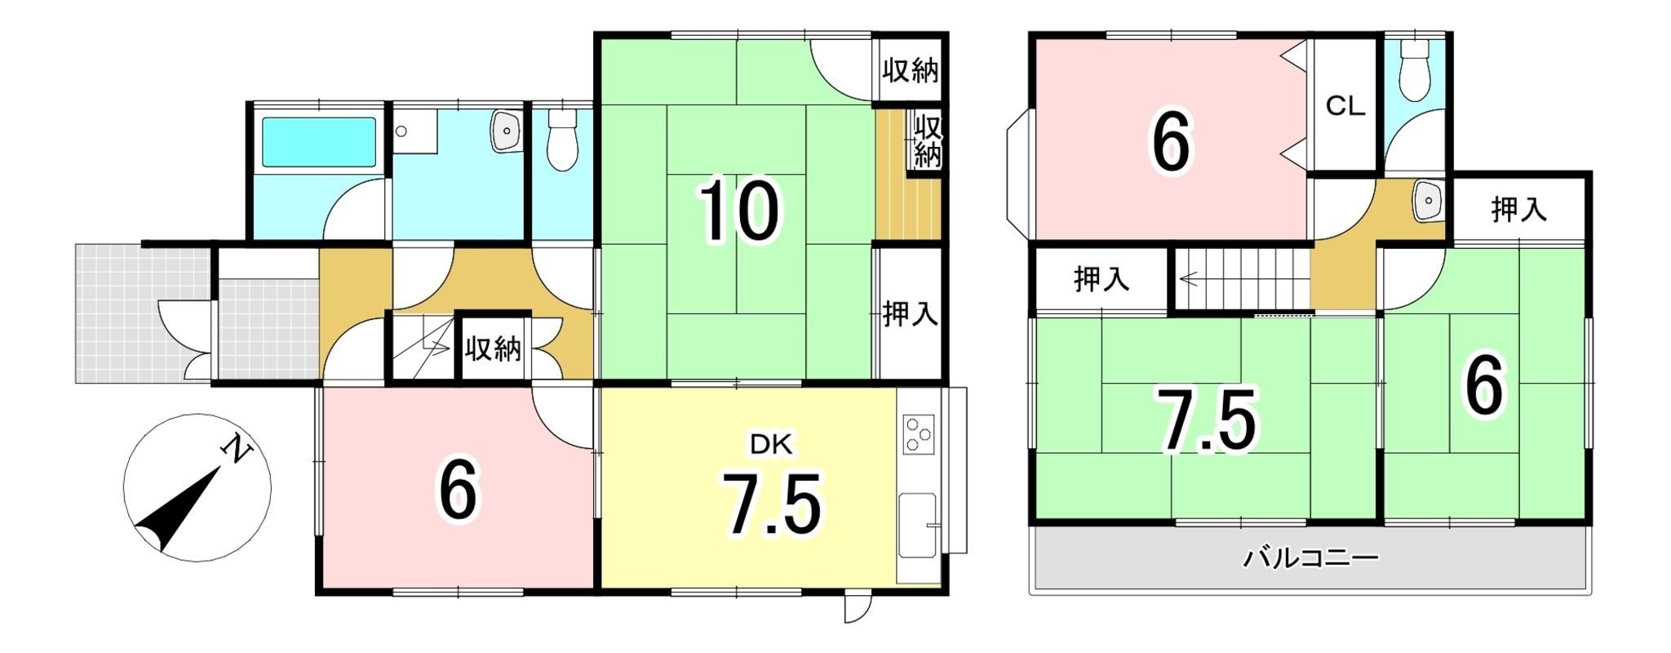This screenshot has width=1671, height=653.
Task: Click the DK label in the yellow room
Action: pyautogui.click(x=771, y=444)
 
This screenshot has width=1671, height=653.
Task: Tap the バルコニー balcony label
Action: pyautogui.click(x=1310, y=559)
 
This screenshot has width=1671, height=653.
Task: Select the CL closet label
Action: pyautogui.click(x=1345, y=106)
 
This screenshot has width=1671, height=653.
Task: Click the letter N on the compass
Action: pyautogui.click(x=237, y=449)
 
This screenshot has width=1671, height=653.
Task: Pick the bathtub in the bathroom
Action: pyautogui.click(x=317, y=142)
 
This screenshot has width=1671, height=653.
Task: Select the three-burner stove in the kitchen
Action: pyautogui.click(x=919, y=434)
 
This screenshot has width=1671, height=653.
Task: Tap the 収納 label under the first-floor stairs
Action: pyautogui.click(x=493, y=349)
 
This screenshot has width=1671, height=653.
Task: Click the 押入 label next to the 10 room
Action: pyautogui.click(x=910, y=314)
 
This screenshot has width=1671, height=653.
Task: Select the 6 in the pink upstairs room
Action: pyautogui.click(x=1171, y=144)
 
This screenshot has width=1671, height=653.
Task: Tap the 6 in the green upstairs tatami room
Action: pyautogui.click(x=1483, y=389)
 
